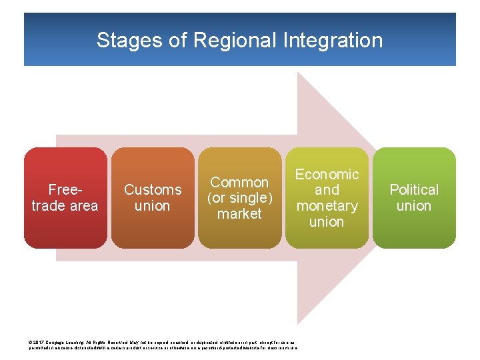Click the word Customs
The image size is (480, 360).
153,190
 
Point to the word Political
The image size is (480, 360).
414,190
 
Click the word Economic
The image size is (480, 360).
327,175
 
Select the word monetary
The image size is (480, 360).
327,206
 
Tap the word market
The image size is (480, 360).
239,214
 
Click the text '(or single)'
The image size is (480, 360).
239,198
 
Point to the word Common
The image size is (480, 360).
239,182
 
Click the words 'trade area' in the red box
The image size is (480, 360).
65,206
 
